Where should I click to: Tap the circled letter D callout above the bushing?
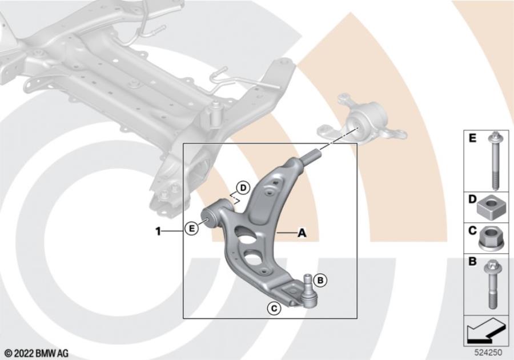pyautogui.click(x=243, y=187)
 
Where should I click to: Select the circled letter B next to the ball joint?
pyautogui.click(x=320, y=280)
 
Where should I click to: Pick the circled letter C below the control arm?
pyautogui.click(x=274, y=309)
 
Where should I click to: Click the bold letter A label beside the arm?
pyautogui.click(x=302, y=233)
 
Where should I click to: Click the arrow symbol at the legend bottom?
pyautogui.click(x=487, y=330)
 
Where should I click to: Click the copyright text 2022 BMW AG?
pyautogui.click(x=37, y=354)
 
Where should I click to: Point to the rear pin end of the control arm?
pyautogui.click(x=313, y=155)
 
